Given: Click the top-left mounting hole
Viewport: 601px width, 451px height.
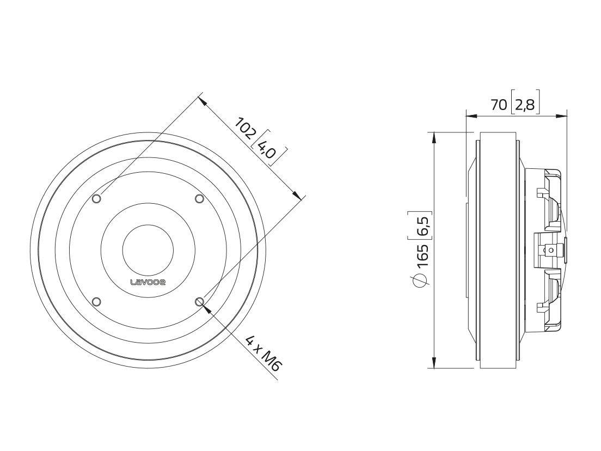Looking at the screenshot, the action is [96, 199].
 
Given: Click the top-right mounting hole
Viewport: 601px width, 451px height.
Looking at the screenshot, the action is [199, 199].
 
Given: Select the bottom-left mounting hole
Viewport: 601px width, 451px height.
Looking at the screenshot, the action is [96, 302].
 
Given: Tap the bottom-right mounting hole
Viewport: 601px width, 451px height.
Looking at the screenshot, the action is [199, 302].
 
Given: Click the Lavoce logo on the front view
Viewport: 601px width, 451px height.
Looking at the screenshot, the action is [148, 283].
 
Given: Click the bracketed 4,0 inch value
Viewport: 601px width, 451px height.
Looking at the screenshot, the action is [266, 148].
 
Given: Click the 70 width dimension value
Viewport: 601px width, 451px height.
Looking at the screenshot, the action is [499, 105].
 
